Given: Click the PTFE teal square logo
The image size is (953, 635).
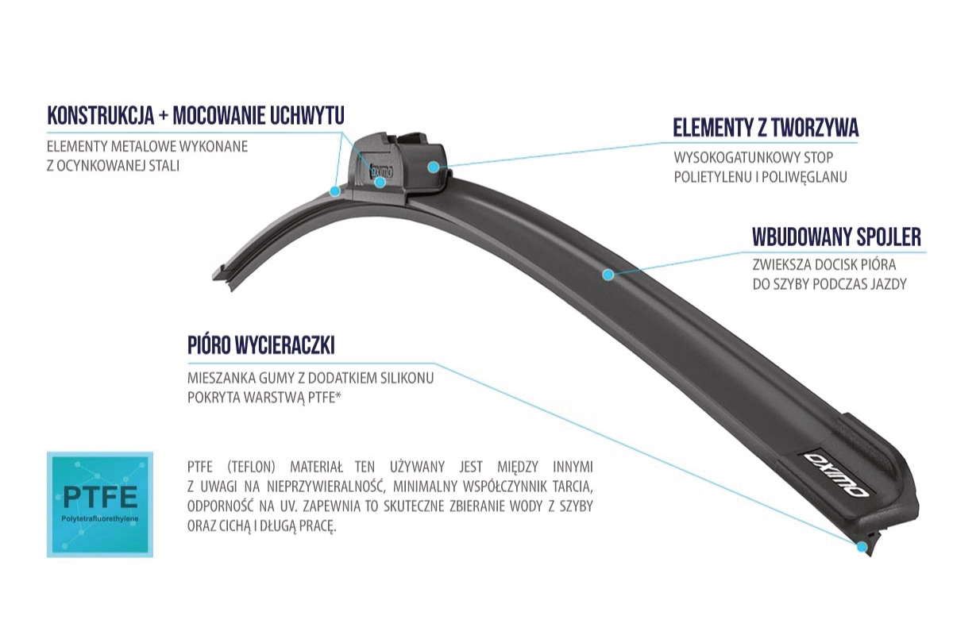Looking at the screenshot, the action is click(x=100, y=504).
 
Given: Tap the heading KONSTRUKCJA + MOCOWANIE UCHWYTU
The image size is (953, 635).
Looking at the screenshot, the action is click(x=195, y=115).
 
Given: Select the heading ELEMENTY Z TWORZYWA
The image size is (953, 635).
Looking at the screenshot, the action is click(x=766, y=127).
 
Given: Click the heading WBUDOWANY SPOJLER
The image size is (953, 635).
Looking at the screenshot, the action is click(x=837, y=237).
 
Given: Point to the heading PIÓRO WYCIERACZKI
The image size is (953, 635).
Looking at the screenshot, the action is click(x=261, y=345).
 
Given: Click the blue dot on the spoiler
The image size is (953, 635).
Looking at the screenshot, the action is click(x=608, y=275).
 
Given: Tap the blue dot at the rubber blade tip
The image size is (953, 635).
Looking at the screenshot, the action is click(x=862, y=547).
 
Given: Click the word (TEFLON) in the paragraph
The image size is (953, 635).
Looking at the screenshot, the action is click(x=251, y=467).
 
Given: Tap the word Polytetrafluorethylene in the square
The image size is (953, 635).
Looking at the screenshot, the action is click(x=100, y=519).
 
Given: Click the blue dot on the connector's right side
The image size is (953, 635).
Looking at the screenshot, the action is click(x=433, y=167).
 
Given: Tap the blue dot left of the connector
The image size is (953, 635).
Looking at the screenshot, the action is click(x=335, y=191).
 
